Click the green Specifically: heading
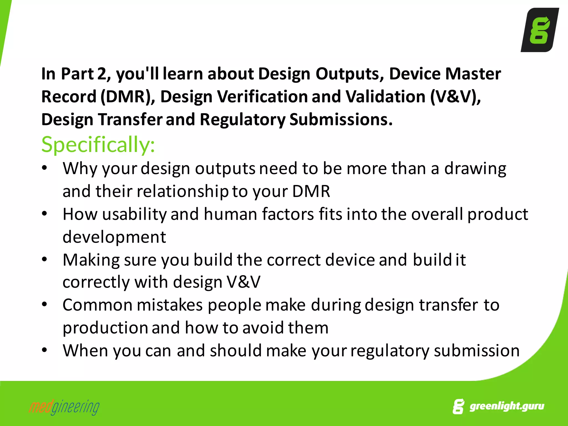click(98, 144)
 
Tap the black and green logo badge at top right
click(539, 30)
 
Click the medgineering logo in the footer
click(64, 407)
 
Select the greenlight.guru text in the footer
click(506, 406)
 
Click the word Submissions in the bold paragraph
click(341, 120)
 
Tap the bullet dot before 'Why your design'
click(44, 168)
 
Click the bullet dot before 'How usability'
click(44, 214)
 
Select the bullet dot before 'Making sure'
click(44, 259)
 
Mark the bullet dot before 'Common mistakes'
click(44, 305)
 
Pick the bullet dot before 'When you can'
click(44, 350)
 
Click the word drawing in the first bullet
click(475, 169)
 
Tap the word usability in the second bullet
click(134, 214)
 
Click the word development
click(114, 237)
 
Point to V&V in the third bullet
click(244, 282)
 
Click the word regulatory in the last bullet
click(390, 351)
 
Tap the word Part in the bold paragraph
click(77, 74)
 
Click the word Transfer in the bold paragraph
click(130, 120)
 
